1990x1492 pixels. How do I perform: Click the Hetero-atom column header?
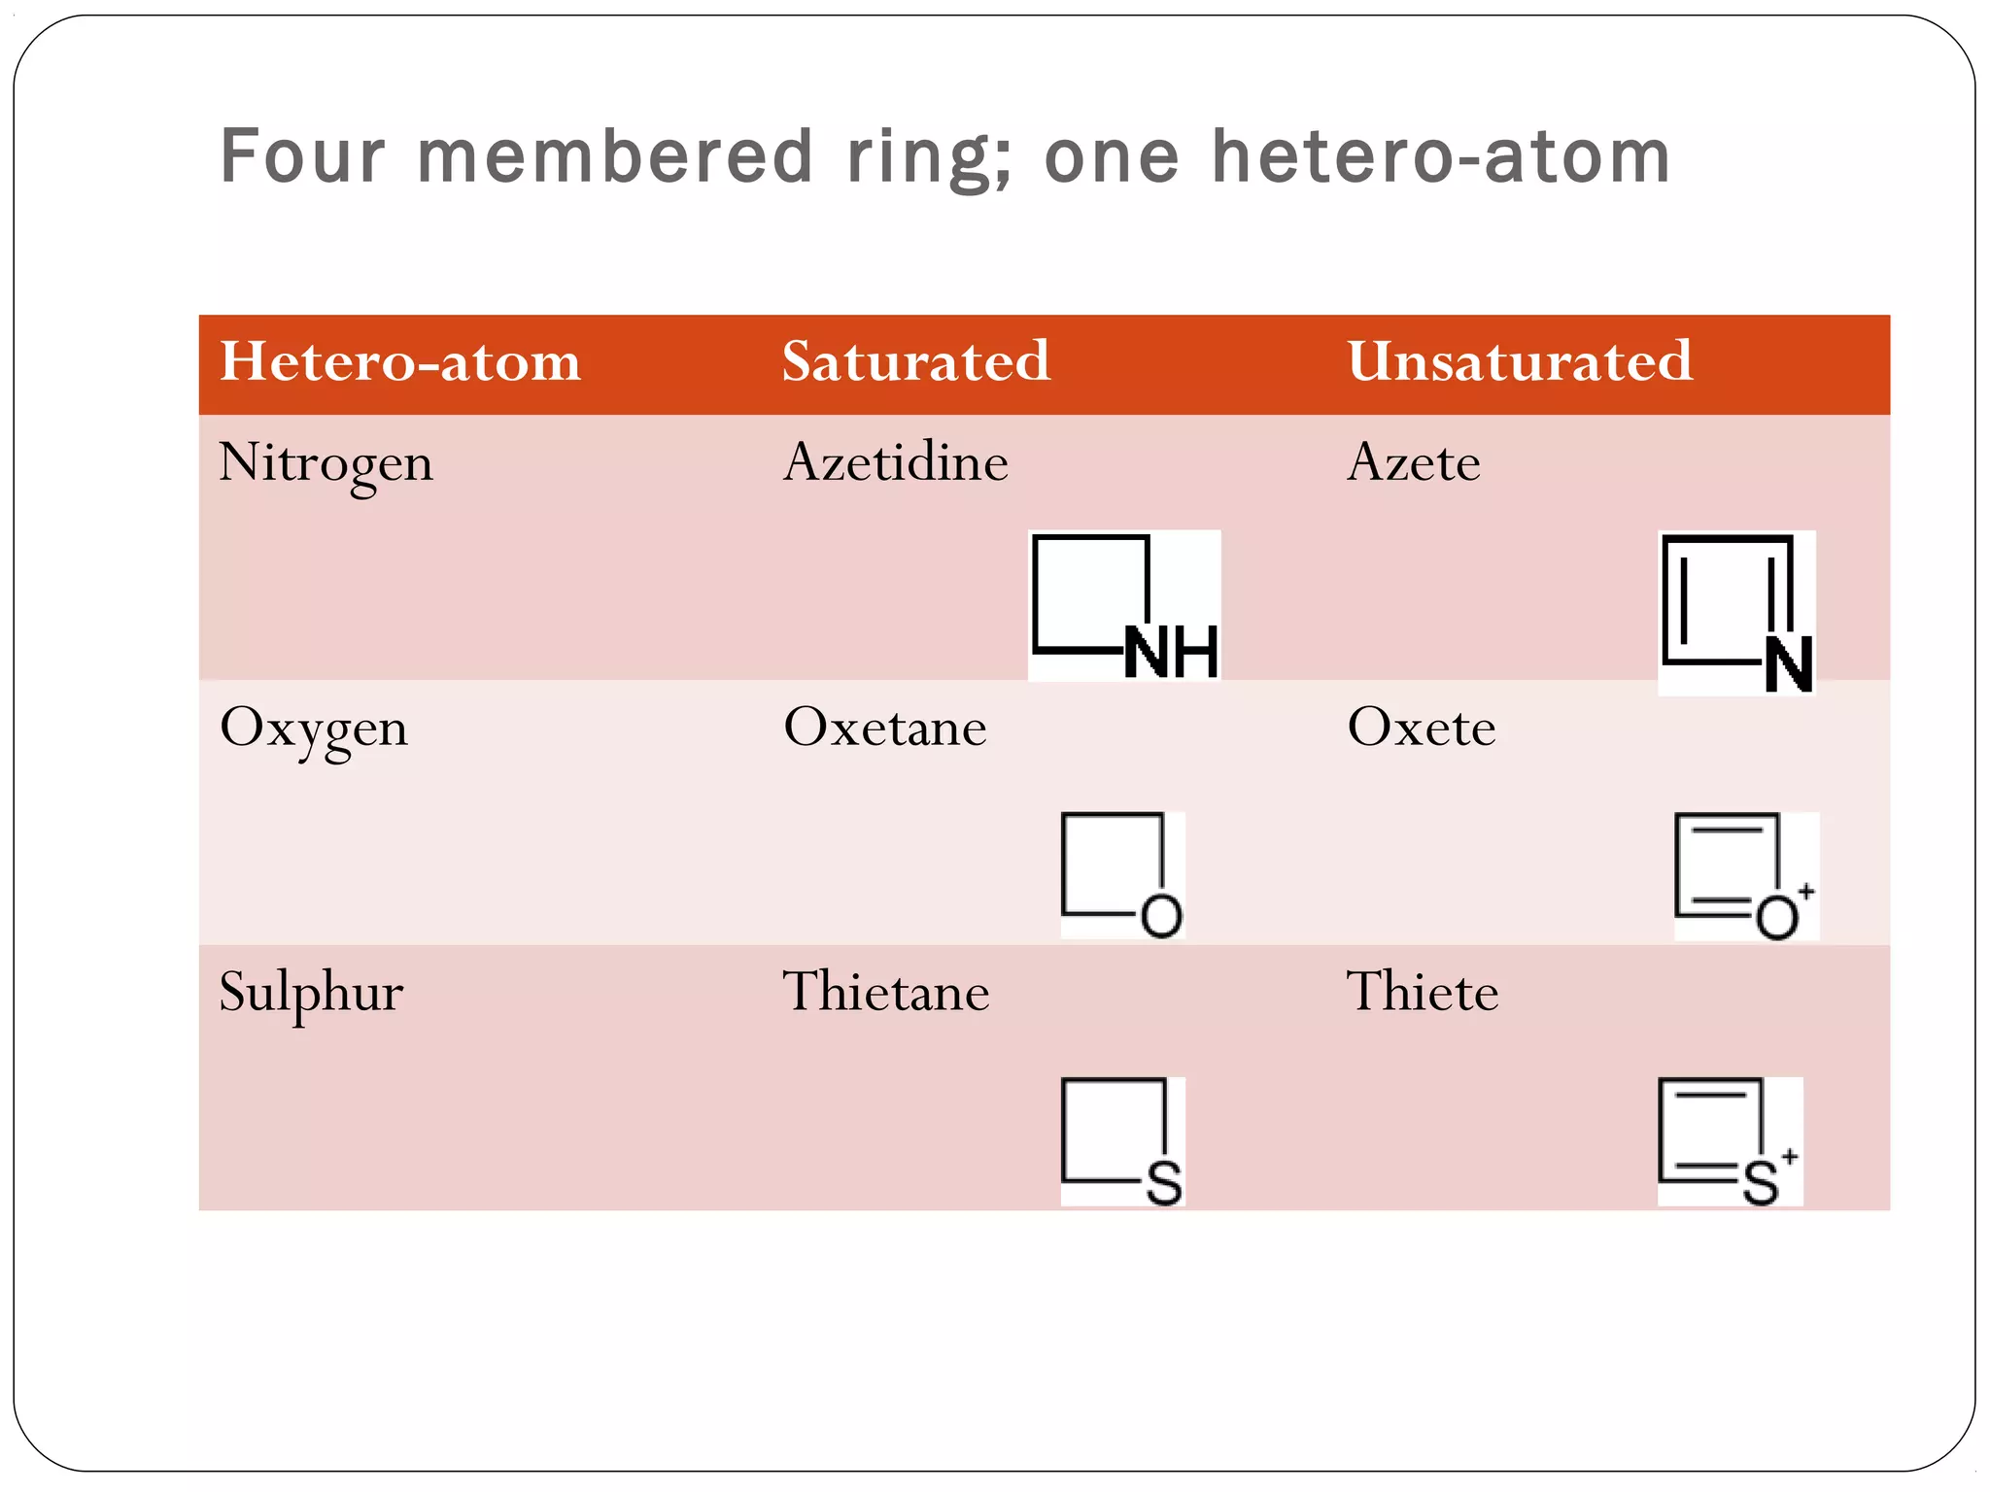(400, 361)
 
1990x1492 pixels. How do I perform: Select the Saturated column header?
(916, 361)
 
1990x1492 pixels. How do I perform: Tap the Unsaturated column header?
(1520, 361)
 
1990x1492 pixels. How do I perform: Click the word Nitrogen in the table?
(326, 463)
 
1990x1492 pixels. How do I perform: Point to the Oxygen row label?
(314, 729)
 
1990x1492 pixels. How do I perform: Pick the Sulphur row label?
(311, 993)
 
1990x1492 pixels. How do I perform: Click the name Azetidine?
(896, 462)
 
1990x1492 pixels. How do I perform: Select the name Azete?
(1414, 462)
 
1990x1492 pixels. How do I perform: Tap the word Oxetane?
(885, 728)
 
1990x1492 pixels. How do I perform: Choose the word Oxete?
(1422, 728)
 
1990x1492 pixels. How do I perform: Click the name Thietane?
(886, 993)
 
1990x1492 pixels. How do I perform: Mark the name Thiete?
(1423, 993)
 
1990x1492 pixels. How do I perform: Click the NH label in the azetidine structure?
(1171, 652)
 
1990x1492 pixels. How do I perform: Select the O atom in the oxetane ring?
(1161, 916)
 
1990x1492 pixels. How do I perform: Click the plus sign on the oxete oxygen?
(1805, 891)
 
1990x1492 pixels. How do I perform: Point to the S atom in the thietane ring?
(1164, 1183)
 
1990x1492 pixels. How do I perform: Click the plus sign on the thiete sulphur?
(1790, 1156)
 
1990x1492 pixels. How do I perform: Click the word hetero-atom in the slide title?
(1441, 156)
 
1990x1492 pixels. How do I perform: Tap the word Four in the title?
(302, 156)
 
